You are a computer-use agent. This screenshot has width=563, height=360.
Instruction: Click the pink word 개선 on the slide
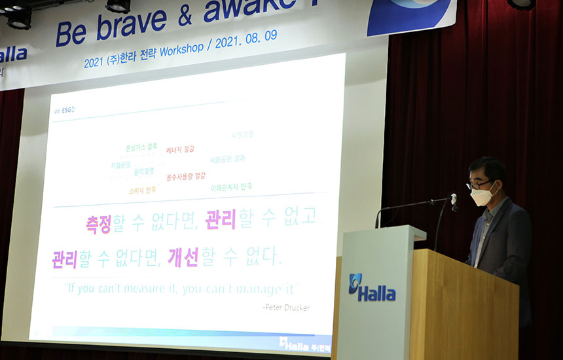[183, 256]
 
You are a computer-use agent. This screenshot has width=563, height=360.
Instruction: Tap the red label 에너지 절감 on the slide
[180, 150]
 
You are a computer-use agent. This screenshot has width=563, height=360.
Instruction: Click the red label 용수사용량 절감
[186, 176]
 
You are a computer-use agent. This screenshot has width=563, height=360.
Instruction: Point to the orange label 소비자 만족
[142, 190]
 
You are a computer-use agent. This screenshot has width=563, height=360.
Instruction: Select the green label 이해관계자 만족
[231, 187]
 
